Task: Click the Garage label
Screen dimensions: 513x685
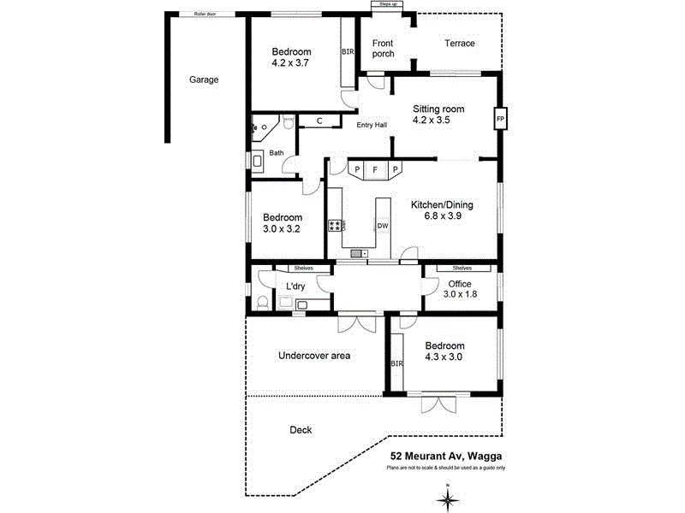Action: (204, 80)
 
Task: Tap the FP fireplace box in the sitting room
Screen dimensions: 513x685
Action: (499, 118)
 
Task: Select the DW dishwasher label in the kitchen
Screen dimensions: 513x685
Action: (383, 226)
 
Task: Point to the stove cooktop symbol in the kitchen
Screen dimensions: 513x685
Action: (336, 226)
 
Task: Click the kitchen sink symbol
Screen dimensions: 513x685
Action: (360, 253)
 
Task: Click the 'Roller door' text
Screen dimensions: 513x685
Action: (205, 15)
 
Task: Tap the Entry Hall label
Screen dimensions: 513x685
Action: (372, 125)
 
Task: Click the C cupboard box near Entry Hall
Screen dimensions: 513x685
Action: (319, 121)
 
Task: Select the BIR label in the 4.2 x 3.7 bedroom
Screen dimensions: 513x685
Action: (347, 51)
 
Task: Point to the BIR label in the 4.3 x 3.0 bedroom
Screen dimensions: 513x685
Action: (396, 363)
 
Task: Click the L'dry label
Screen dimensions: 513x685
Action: (296, 286)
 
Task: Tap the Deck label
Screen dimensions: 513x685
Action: (301, 430)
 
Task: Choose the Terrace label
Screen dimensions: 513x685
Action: (459, 44)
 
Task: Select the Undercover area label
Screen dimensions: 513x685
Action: (314, 355)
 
